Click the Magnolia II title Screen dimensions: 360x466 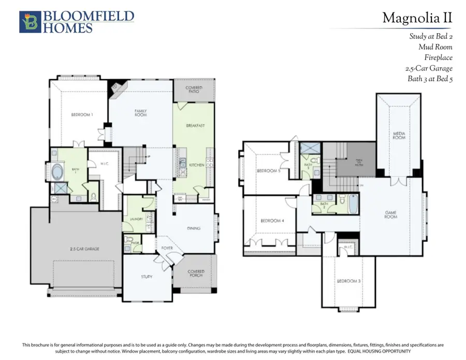click(417, 18)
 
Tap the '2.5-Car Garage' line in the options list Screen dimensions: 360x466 click(429, 68)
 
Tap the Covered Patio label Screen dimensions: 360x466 click(194, 90)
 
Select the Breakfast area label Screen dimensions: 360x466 click(195, 125)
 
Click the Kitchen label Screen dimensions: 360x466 click(196, 164)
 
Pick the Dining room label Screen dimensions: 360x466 click(194, 228)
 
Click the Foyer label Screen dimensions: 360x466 click(167, 248)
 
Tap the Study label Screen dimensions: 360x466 click(147, 277)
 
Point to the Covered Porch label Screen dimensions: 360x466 click(196, 273)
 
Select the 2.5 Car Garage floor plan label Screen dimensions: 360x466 click(84, 249)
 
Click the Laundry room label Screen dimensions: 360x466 click(129, 219)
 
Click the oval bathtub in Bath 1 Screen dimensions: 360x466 click(58, 171)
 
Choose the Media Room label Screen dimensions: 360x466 click(399, 136)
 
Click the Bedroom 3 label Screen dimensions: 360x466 click(348, 281)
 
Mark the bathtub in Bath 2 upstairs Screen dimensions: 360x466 click(353, 204)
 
